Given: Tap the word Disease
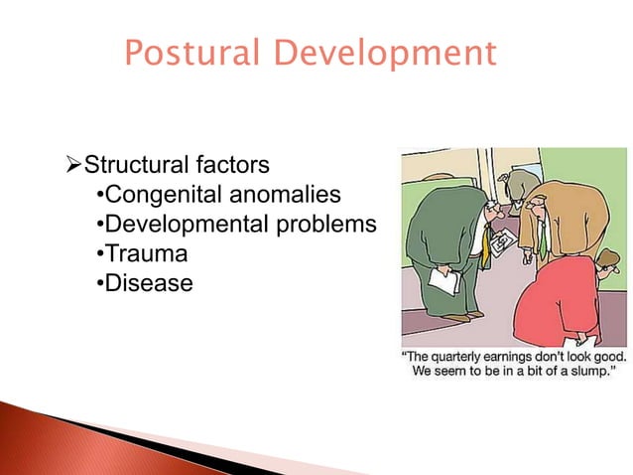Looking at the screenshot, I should pyautogui.click(x=149, y=283).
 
